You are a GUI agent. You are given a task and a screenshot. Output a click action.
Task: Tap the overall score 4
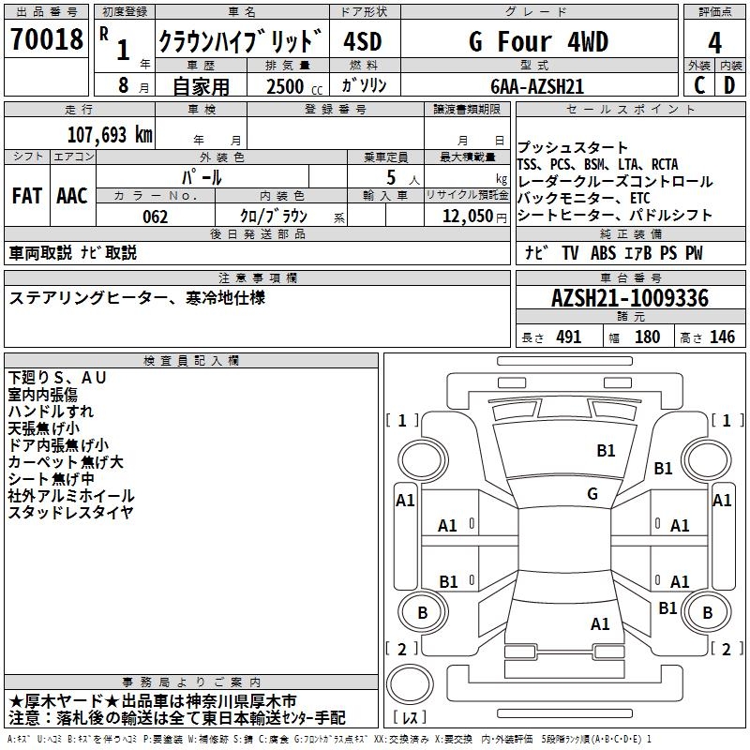pos(715,42)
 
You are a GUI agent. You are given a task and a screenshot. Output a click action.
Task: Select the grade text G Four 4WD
pos(538,42)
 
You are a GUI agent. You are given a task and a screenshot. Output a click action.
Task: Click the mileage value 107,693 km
pos(110,134)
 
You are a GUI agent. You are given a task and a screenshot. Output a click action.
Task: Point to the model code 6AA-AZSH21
pos(537,86)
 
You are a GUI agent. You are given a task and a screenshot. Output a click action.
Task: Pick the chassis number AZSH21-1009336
pos(630,299)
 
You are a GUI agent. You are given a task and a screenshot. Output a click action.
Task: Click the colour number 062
pos(156,217)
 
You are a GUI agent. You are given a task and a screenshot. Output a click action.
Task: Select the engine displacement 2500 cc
pos(285,87)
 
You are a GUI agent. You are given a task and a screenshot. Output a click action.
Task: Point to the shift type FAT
pos(26,196)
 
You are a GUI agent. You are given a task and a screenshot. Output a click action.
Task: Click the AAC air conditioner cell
pos(72,196)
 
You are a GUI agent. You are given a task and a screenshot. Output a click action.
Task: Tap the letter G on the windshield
pos(592,494)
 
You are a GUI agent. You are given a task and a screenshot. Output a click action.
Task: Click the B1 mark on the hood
pos(607,451)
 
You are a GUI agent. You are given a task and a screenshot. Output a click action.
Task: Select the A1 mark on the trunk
pos(600,623)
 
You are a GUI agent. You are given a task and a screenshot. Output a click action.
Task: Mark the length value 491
pos(568,337)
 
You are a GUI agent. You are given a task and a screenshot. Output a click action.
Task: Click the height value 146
pos(722,337)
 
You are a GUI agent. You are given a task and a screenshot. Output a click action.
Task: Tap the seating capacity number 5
pos(388,176)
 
